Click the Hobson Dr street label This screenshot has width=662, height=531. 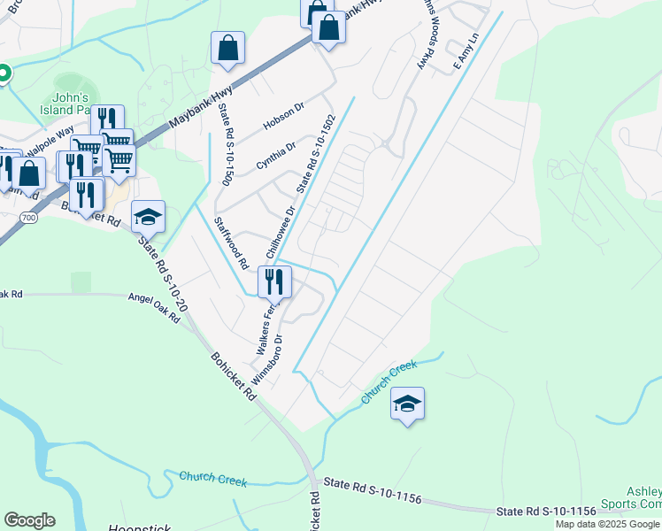point(283,116)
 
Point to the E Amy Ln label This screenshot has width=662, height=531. point(466,52)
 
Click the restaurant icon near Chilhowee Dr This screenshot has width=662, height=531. point(274,282)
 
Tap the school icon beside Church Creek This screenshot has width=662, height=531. point(407,404)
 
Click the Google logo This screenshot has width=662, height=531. point(29,520)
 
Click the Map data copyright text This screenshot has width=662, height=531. point(608,524)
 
